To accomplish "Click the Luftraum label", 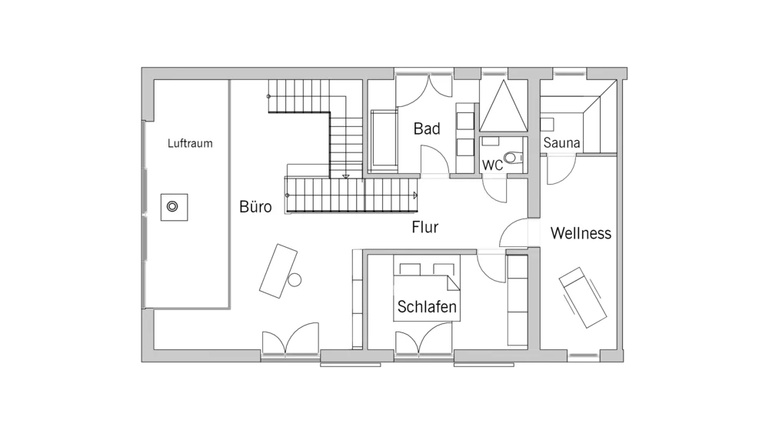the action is coord(190,143).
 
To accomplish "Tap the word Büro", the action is coord(255,207).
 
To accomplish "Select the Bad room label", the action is coord(427,129).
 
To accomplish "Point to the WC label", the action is coord(492,165).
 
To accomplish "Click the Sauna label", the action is coord(561,143).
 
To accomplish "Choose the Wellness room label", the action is coord(581,232).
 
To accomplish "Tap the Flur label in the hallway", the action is coord(424,227).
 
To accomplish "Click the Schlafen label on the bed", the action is coord(427,306).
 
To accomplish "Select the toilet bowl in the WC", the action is coord(513,158).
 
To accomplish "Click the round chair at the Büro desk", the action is coord(295,280).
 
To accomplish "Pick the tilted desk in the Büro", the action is coord(278,271).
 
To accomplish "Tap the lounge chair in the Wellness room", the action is coord(583,297).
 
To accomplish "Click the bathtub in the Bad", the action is coord(384,140).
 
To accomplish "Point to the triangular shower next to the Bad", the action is coord(503,106).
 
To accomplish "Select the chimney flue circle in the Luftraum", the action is coord(172,207).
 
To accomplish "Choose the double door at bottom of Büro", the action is coord(291,338).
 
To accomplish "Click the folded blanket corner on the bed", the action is coord(454,282).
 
